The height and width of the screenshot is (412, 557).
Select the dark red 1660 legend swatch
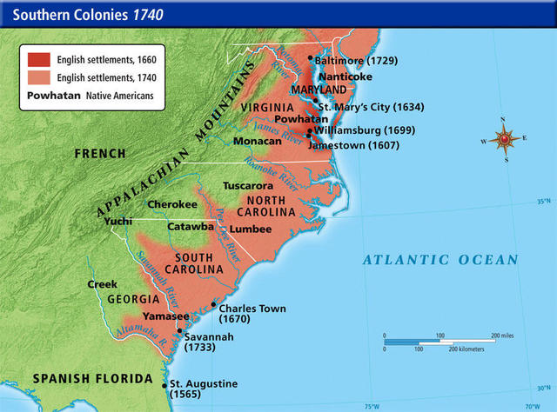point(40,61)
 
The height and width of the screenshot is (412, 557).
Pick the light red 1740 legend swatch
point(40,78)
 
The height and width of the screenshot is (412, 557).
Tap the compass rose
point(504,139)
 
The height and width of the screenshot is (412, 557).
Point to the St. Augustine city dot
point(163,383)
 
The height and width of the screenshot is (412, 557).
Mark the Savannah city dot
point(179,331)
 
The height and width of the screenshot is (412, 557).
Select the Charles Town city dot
point(213,304)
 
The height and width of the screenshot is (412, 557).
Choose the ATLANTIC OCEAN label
point(440,260)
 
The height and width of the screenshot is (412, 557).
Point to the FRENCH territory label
point(101,154)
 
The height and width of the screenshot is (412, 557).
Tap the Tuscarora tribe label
point(248,186)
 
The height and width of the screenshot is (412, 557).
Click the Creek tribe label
point(102,284)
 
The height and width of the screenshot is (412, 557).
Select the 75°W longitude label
point(372,406)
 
